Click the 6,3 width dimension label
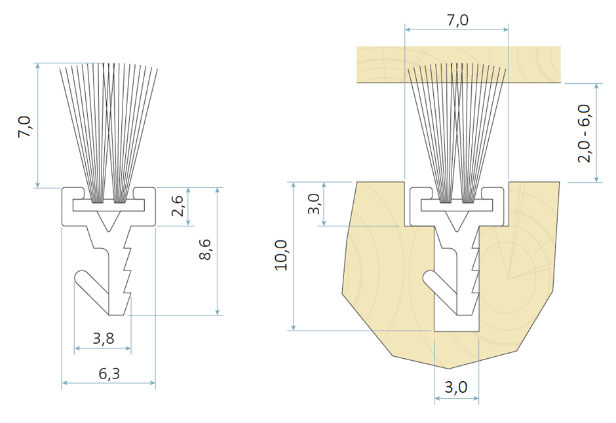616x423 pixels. (x=109, y=373)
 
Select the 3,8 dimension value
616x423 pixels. (x=104, y=338)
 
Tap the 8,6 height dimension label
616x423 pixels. (x=205, y=249)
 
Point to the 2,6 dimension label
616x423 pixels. (x=178, y=206)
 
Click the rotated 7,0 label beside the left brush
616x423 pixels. (x=25, y=126)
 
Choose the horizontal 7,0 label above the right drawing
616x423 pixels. (x=457, y=20)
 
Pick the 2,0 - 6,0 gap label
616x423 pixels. (x=584, y=134)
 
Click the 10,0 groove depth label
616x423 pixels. (x=281, y=255)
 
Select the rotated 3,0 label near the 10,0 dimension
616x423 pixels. (x=314, y=204)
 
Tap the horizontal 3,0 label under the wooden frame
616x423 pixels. (x=456, y=387)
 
